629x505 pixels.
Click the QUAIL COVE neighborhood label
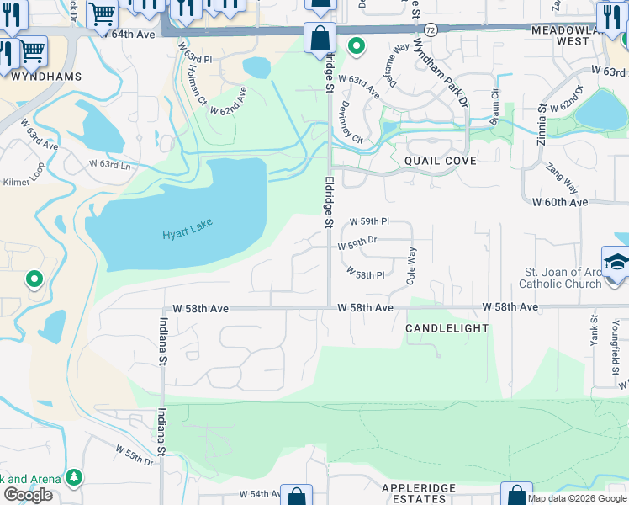(x=440, y=161)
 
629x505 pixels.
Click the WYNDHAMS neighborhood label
(x=46, y=77)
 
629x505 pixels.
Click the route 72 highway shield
(x=430, y=29)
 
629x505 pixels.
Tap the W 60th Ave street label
(x=560, y=203)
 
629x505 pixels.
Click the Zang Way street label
(x=563, y=178)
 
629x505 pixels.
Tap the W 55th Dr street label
(x=135, y=460)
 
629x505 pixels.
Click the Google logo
(x=28, y=495)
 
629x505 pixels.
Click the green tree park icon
(x=75, y=477)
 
